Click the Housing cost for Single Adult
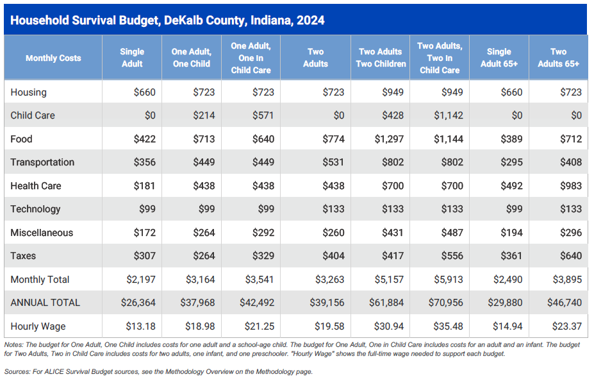[x=144, y=92]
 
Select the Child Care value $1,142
[x=448, y=115]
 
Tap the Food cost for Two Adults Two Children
[x=389, y=139]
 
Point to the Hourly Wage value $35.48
[x=448, y=326]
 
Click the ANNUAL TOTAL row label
[x=45, y=303]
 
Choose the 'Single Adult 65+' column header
[x=499, y=58]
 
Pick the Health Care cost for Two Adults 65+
[x=571, y=186]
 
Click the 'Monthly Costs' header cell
[x=53, y=58]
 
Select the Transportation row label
[x=42, y=162]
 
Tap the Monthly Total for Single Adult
[x=141, y=280]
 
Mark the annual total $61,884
[x=386, y=303]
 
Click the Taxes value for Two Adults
[x=333, y=256]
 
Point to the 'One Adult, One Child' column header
[x=192, y=58]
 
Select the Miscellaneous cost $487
[x=452, y=232]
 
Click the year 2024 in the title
[x=310, y=20]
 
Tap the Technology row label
[x=35, y=209]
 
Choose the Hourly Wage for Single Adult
[x=140, y=326]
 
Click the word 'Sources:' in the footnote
[x=17, y=371]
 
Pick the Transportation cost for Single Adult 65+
[x=511, y=162]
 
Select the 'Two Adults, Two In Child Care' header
[x=440, y=58]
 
